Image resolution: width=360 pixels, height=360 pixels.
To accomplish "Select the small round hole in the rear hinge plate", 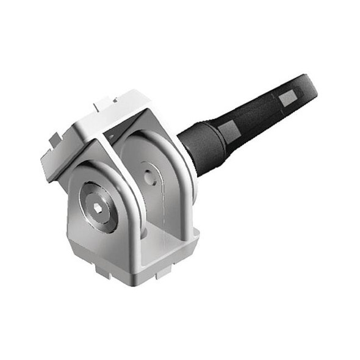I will [149, 175].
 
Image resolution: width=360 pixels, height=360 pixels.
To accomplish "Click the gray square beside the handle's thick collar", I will [228, 130].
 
